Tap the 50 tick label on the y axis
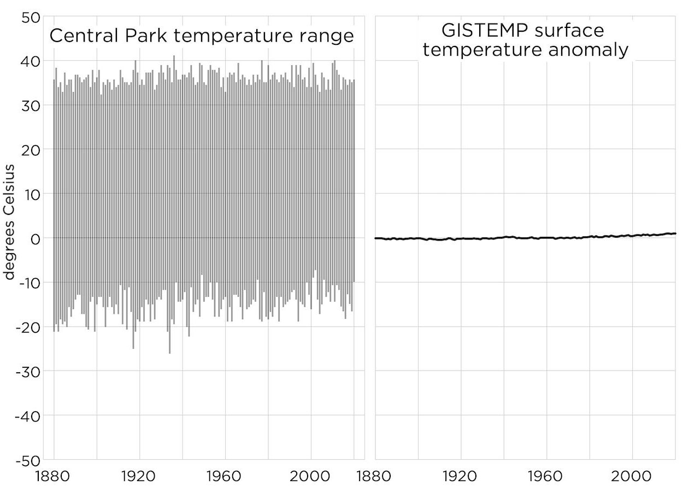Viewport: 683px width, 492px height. coord(31,17)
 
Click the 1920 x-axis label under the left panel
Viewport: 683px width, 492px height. coord(139,476)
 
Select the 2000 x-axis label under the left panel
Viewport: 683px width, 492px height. coord(311,476)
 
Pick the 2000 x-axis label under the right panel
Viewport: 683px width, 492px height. coord(632,476)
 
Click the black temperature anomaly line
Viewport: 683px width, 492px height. coord(525,238)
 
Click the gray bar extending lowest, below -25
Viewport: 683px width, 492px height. coord(169,344)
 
